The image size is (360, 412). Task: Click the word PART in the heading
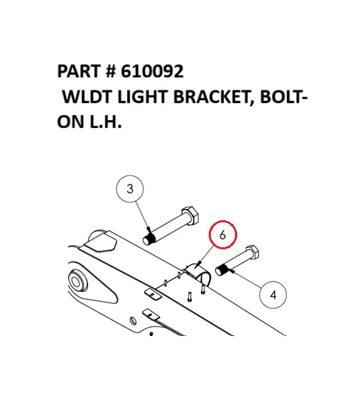79,71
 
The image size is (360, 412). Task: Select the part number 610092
152,71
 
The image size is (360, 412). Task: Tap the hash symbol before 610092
111,71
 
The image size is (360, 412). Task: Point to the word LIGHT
143,97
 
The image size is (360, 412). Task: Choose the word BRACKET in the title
214,97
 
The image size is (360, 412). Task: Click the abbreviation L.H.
106,122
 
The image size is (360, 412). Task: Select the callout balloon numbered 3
130,189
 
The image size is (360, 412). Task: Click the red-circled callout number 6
223,234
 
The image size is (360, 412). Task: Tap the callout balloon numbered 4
273,295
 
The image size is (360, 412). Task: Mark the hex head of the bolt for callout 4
252,252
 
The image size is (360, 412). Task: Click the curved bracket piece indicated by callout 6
200,273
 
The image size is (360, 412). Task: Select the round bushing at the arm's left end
76,282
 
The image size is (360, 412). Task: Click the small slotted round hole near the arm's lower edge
133,321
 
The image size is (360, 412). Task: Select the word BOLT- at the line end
283,97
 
